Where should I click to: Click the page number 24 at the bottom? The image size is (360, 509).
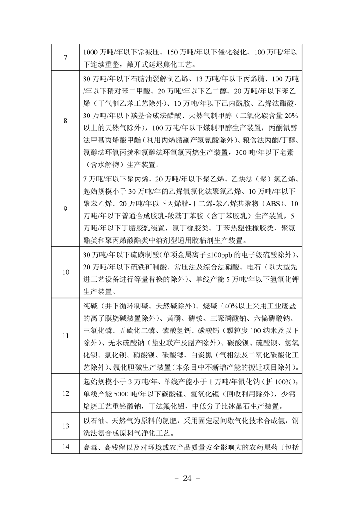point(180,478)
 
